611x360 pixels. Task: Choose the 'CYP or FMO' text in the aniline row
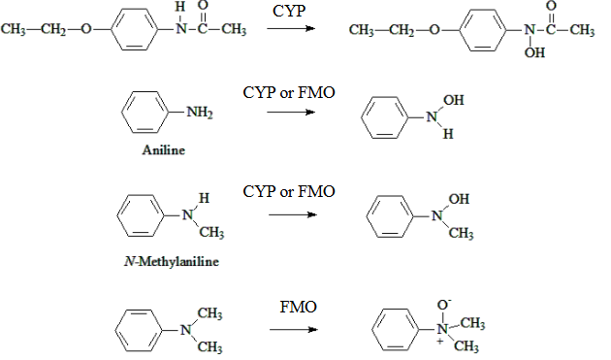(288, 91)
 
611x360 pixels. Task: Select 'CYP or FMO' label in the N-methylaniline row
(288, 192)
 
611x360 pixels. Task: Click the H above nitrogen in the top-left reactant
(177, 9)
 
